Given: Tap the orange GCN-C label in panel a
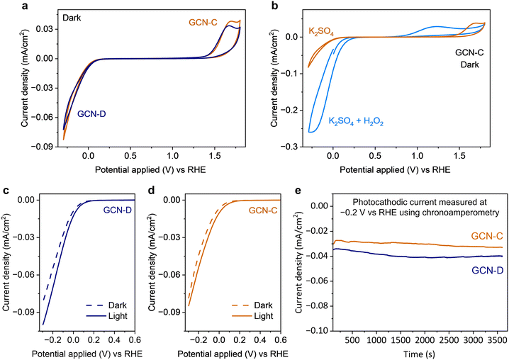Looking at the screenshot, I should pyautogui.click(x=203, y=23).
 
